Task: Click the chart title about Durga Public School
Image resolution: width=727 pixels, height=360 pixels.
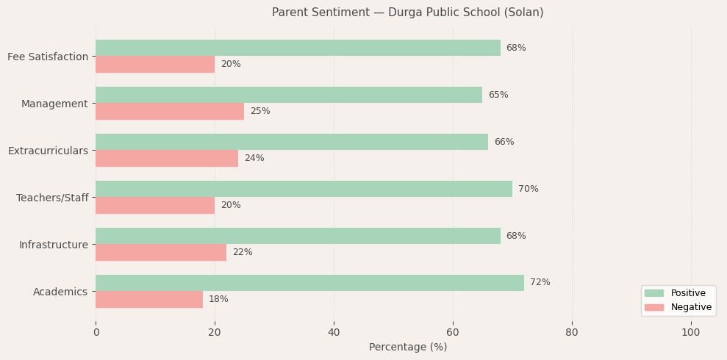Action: coord(407,12)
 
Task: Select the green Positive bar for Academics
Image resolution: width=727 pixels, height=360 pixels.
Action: coord(309,283)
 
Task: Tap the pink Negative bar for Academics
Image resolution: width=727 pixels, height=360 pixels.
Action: coord(149,299)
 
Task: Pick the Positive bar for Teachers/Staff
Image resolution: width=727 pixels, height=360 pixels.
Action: coord(304,189)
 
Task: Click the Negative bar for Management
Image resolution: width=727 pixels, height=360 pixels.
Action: coord(170,111)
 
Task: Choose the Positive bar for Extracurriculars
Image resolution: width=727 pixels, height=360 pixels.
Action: coord(292,142)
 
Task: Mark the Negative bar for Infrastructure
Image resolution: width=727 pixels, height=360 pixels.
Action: coord(161,252)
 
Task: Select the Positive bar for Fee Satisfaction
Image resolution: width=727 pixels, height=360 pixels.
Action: coord(298,48)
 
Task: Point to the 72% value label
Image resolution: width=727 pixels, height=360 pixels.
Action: coord(540,283)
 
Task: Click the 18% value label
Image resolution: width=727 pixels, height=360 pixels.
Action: coord(218,299)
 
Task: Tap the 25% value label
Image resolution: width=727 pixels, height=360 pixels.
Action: coord(259,111)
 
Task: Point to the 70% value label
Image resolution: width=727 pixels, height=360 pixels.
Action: coord(528,189)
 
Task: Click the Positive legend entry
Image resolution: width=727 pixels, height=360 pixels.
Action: coord(687,293)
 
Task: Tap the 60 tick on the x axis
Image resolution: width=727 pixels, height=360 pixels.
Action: coord(453,333)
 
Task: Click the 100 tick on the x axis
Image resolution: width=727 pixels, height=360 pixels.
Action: coord(690,333)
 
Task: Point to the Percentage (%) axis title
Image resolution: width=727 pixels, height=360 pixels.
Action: coord(407,348)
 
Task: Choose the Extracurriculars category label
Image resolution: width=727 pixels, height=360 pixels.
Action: coord(48,151)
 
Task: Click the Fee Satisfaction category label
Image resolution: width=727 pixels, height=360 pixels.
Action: coord(48,57)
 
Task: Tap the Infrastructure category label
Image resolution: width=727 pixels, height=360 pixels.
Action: coord(53,245)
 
